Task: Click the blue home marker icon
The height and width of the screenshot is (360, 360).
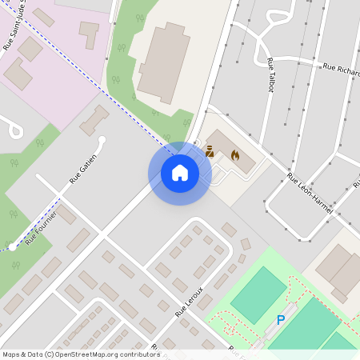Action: click(180, 173)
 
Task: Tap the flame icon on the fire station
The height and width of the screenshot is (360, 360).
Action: click(234, 154)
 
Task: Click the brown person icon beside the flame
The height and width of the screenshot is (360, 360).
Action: click(210, 149)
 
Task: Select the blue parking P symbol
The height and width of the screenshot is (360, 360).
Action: click(280, 320)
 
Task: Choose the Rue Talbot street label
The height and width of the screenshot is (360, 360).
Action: click(269, 74)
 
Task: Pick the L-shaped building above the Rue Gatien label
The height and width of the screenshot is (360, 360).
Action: click(94, 119)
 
